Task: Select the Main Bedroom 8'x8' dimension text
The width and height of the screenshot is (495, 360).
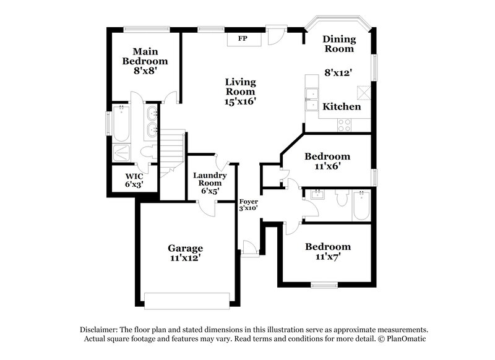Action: coord(145,72)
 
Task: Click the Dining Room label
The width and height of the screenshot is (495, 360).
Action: coord(338,43)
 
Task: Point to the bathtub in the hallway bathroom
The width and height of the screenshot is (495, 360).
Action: coord(361,207)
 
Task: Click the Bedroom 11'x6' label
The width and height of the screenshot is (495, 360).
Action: coord(327,161)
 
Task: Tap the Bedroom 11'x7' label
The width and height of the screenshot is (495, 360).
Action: coord(327,251)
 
